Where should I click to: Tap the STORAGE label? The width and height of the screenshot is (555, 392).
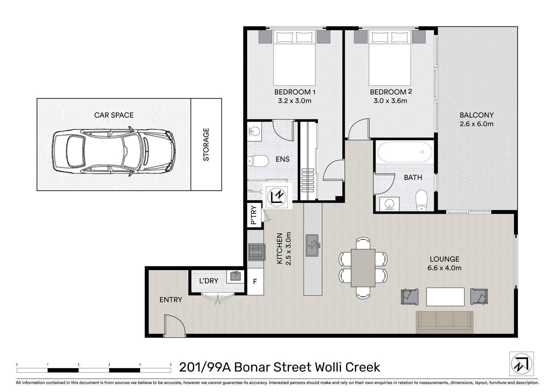206,144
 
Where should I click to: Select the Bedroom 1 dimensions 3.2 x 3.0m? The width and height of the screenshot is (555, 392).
295,101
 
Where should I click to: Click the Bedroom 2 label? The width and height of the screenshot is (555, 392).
391,92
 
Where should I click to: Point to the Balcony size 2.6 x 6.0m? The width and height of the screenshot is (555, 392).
477,124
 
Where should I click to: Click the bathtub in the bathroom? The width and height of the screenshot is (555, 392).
405,152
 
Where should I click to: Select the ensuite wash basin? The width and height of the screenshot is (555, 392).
254,130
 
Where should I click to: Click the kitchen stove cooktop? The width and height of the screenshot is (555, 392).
256,252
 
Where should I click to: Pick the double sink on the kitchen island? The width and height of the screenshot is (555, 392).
313,245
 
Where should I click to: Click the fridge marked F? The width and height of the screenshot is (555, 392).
255,282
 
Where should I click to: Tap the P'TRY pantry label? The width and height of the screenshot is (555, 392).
254,215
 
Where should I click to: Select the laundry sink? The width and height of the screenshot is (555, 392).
235,276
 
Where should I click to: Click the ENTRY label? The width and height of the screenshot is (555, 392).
171,300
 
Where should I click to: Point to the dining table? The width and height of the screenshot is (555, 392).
363,268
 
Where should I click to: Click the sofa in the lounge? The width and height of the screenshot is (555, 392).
445,322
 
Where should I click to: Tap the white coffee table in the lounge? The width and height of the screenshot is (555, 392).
445,297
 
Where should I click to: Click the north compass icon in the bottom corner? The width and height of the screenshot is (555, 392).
522,364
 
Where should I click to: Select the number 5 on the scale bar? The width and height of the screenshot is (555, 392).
171,364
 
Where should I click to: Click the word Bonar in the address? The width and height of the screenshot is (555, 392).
251,367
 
